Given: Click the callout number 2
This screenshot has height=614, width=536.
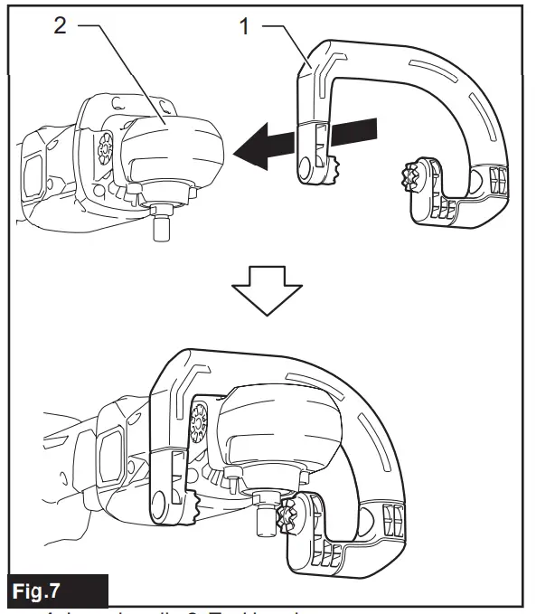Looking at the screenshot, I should coord(61,26).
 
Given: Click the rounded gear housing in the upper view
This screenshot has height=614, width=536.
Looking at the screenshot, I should coord(172,149).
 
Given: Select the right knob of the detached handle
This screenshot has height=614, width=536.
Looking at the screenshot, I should coord(418,173).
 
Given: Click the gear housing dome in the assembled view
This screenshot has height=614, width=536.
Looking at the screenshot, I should coord(289,425).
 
